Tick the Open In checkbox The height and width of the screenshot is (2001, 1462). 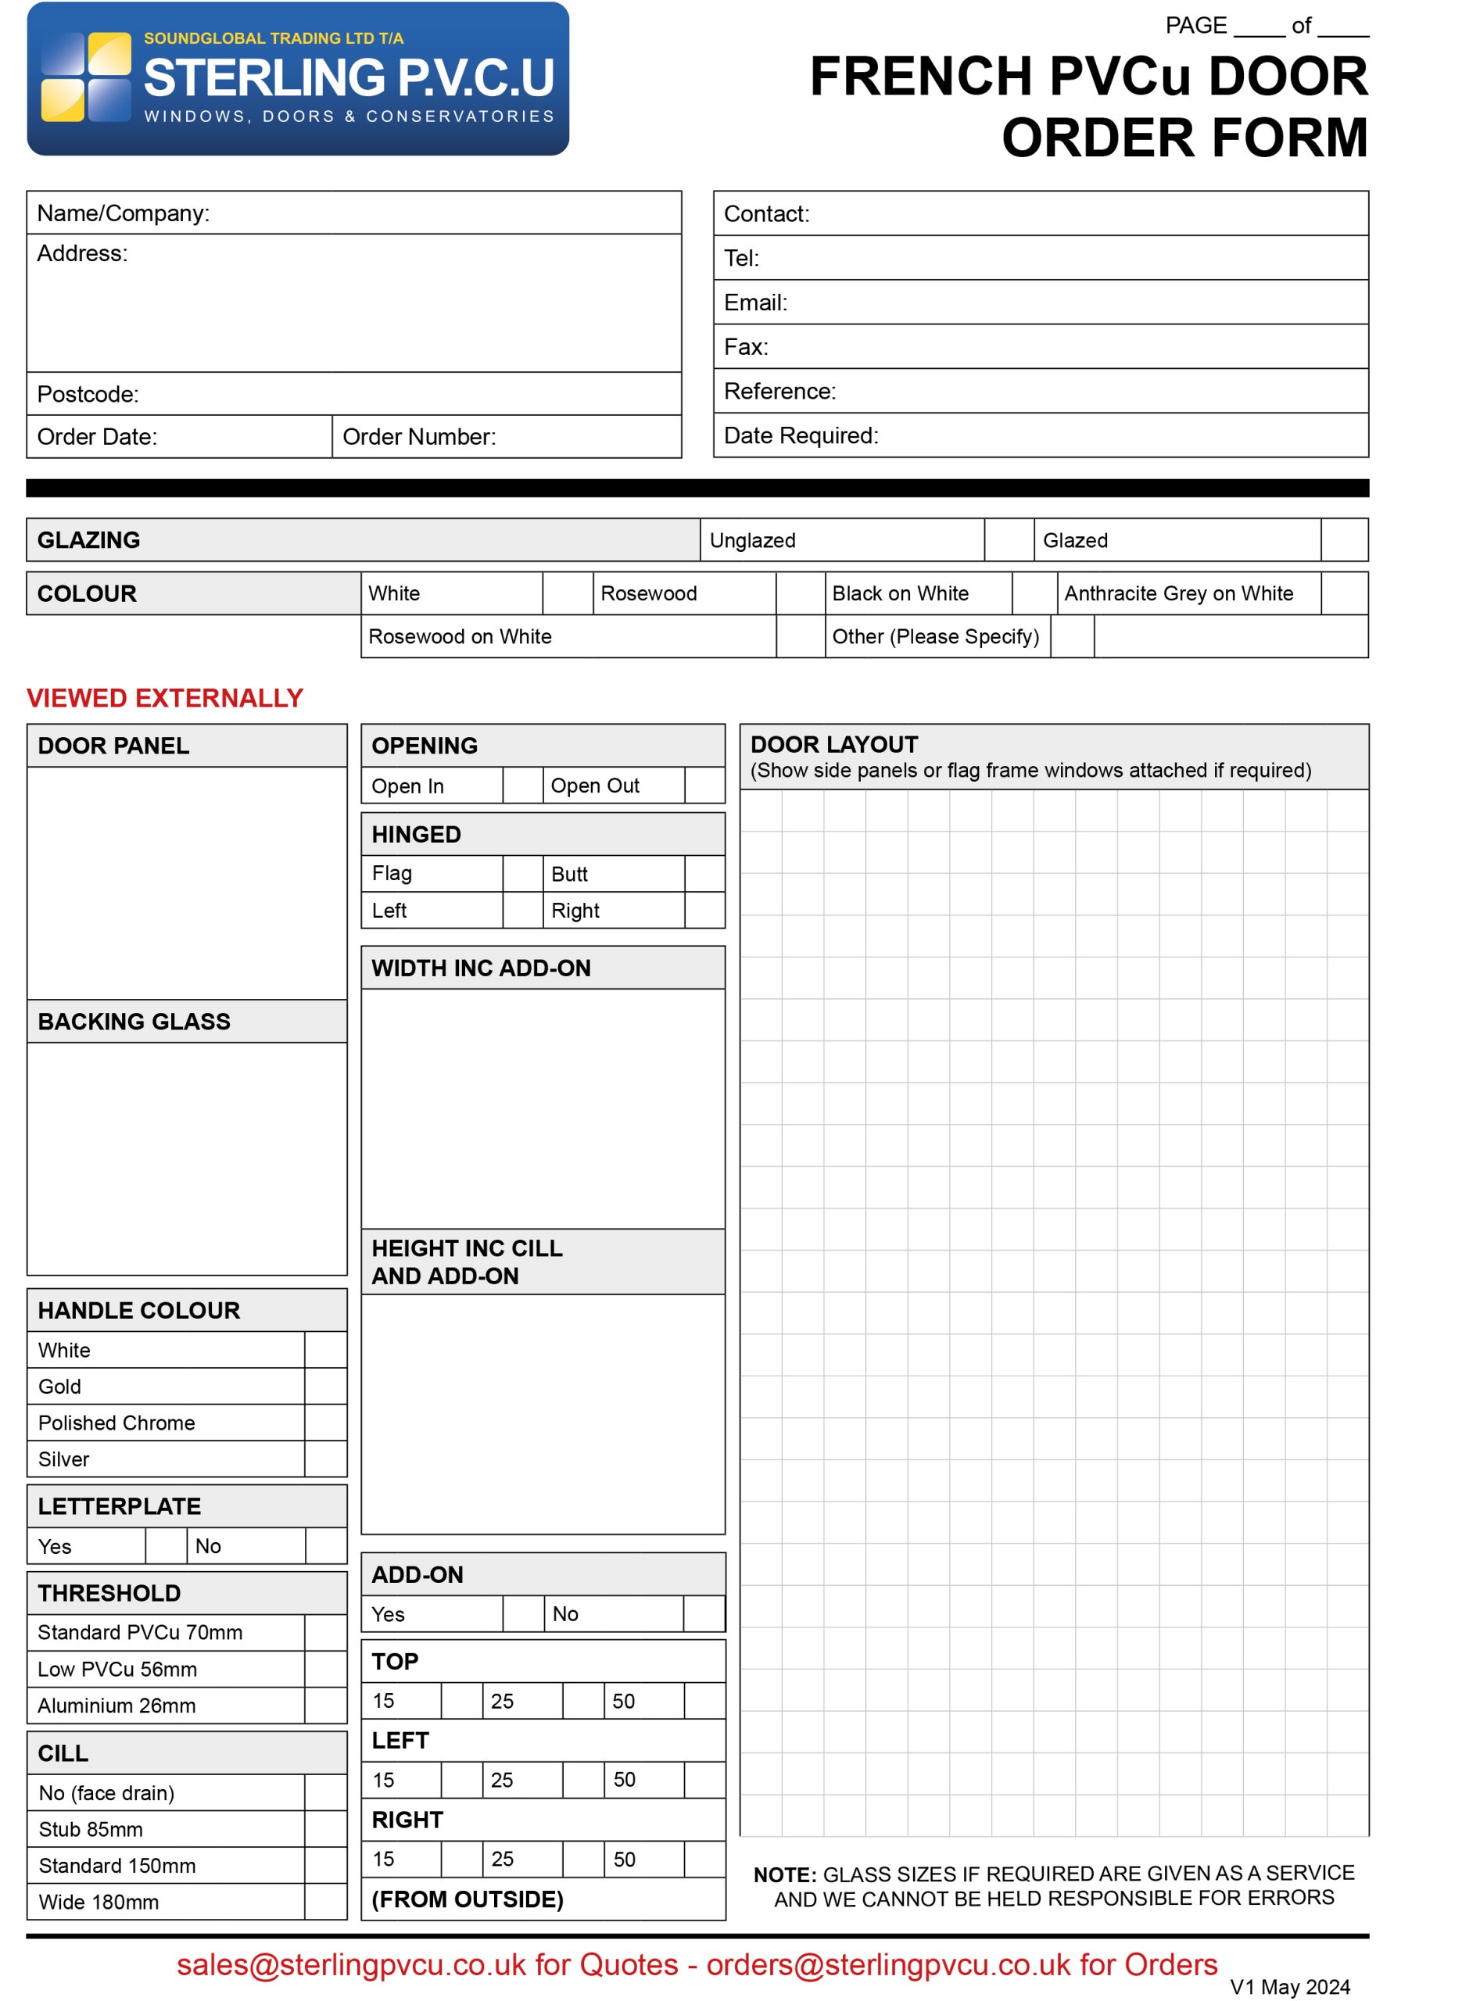(522, 785)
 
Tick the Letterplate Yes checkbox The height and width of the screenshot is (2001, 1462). (166, 1545)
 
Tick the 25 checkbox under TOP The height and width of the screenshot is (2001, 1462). (583, 1700)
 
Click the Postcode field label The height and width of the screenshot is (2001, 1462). (88, 394)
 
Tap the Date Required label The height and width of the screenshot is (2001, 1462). (800, 435)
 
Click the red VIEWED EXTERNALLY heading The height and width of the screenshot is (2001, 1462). (165, 698)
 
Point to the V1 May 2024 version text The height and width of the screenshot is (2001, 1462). (1289, 1987)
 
